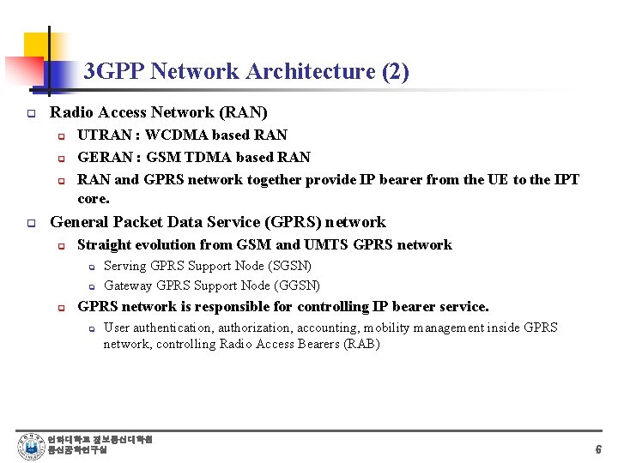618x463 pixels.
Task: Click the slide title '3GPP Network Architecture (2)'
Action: (x=246, y=71)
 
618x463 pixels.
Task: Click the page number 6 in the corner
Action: (x=597, y=449)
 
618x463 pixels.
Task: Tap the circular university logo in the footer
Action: (x=30, y=446)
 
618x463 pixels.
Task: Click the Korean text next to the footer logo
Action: (x=100, y=445)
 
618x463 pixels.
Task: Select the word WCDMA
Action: (x=173, y=135)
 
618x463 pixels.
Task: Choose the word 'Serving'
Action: (x=125, y=266)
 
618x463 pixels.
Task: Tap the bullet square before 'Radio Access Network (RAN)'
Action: (x=30, y=113)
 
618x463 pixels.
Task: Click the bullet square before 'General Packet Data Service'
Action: (x=30, y=223)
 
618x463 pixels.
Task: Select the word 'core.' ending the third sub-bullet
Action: (x=94, y=198)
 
